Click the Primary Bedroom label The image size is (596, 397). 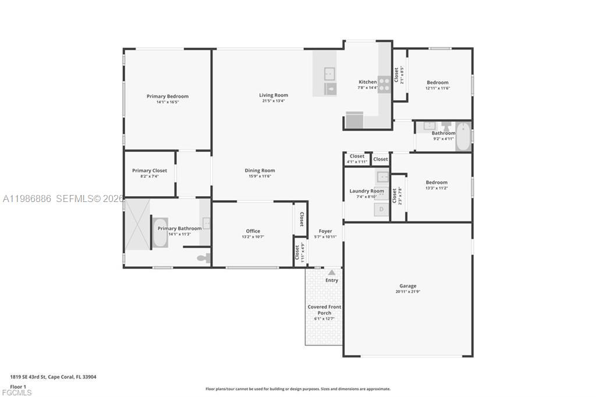(x=167, y=97)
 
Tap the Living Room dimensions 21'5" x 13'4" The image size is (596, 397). (x=273, y=101)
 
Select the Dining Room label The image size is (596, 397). (x=260, y=171)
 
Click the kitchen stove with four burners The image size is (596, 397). (x=384, y=84)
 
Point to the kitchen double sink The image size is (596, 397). (x=330, y=81)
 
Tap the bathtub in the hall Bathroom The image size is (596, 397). (x=463, y=137)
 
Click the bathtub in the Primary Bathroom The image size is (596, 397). (x=160, y=232)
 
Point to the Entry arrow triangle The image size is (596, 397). (x=332, y=272)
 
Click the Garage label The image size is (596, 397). (x=407, y=286)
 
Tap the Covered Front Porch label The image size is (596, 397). (x=324, y=310)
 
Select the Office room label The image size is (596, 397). (x=253, y=231)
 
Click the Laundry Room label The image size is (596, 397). (x=366, y=191)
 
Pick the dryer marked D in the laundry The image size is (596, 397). (x=382, y=210)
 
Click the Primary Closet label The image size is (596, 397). (x=150, y=171)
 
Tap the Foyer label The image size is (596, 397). (x=325, y=231)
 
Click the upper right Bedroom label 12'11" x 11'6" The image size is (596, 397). (x=438, y=83)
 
